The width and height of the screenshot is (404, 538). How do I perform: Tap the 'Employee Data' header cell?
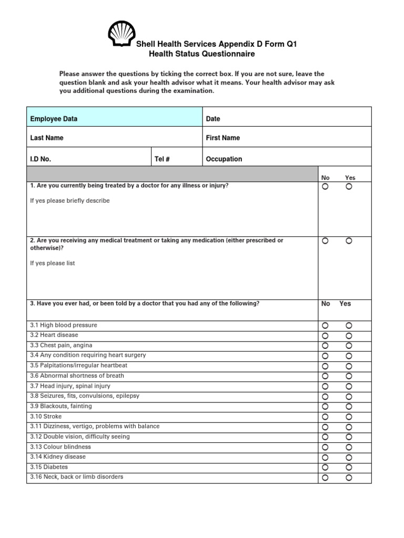[54, 119]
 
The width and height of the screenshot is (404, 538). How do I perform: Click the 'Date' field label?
[213, 119]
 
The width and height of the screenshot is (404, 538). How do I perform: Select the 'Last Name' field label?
[47, 138]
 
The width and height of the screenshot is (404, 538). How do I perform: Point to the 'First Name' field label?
[223, 138]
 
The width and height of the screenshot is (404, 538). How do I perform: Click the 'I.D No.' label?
[41, 159]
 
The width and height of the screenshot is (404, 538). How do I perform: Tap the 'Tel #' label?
[162, 159]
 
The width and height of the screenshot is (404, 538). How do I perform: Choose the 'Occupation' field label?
[224, 159]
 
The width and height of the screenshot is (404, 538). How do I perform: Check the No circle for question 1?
[325, 187]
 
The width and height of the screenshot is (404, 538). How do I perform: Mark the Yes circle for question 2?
[349, 241]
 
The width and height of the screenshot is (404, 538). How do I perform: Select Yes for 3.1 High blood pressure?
[349, 326]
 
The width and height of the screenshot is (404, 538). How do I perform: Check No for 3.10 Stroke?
[325, 417]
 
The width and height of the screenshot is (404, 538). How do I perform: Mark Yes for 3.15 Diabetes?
[349, 468]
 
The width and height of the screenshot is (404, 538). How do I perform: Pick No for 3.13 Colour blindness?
[325, 447]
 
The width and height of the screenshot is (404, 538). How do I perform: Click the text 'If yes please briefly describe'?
[70, 201]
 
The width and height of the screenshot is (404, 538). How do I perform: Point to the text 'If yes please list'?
[53, 263]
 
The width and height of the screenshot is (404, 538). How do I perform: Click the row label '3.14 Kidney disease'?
[58, 457]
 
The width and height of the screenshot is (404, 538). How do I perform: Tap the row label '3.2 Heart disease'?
[54, 335]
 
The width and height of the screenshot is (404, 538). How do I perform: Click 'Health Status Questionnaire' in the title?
[201, 54]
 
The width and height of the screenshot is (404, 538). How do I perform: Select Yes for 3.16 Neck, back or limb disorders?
[349, 478]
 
